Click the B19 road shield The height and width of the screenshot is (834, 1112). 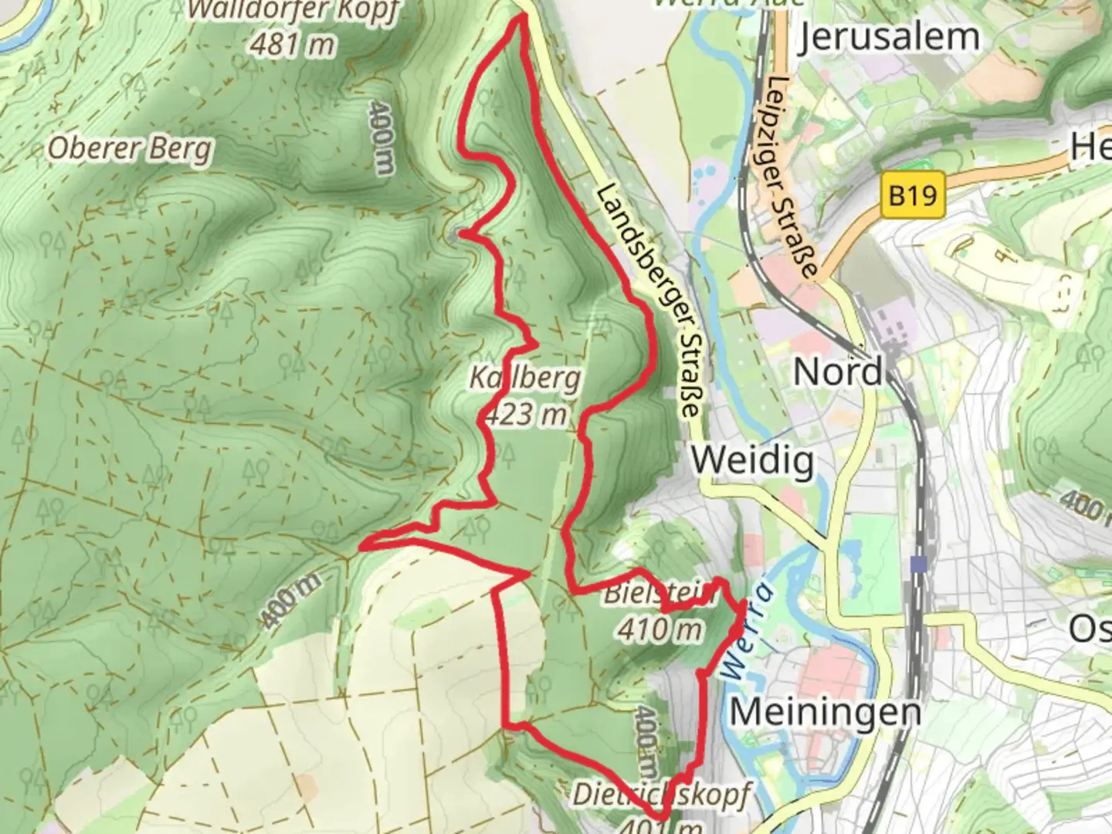(x=913, y=195)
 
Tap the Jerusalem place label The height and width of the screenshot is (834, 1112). (x=888, y=36)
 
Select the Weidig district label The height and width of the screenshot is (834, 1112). (x=752, y=461)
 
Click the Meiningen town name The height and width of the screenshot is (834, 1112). (x=825, y=711)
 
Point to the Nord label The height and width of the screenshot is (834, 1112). (x=838, y=372)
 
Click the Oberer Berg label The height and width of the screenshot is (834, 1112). (x=130, y=147)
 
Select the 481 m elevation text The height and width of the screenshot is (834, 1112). (x=292, y=44)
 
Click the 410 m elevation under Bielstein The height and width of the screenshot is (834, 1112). (x=659, y=629)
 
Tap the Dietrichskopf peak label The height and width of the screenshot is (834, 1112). (x=660, y=795)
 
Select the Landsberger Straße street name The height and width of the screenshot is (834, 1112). (x=651, y=301)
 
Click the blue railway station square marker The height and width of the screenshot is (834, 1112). (x=918, y=564)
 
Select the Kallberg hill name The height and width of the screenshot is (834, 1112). (x=525, y=378)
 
